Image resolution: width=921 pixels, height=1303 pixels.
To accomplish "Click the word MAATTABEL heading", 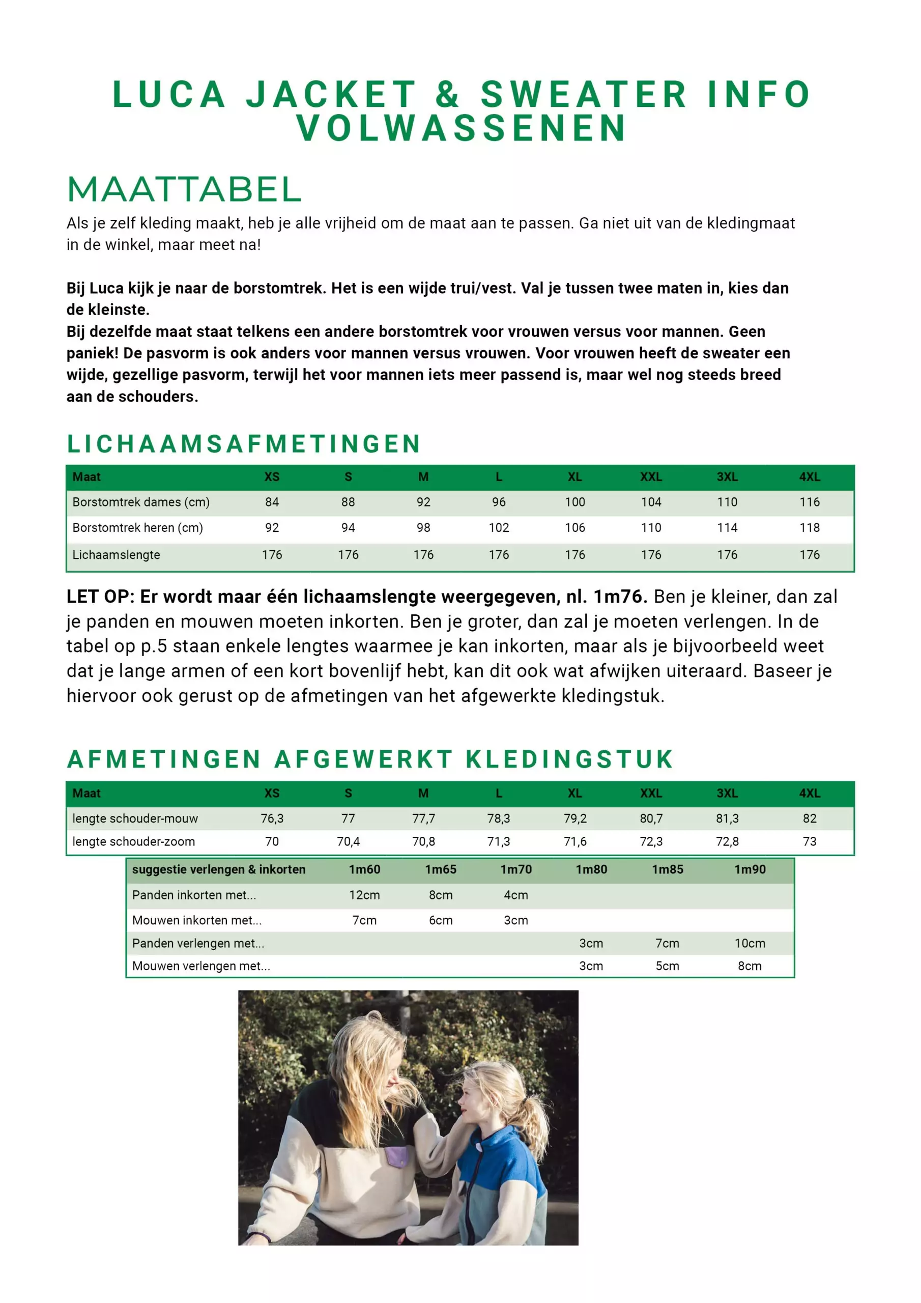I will (x=184, y=189).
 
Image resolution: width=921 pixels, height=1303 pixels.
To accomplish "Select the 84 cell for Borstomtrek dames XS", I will (x=272, y=502).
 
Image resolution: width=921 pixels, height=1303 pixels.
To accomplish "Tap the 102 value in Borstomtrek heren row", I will (x=499, y=528).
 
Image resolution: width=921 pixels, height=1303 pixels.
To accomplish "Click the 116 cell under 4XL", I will (x=809, y=502).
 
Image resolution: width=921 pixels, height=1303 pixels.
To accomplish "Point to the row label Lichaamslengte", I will (x=117, y=555).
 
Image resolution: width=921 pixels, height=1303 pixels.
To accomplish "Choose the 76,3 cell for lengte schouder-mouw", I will (x=272, y=818).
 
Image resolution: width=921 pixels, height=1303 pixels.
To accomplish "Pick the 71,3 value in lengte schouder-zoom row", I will (x=499, y=842).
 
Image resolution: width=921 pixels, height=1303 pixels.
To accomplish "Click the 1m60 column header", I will (x=364, y=869).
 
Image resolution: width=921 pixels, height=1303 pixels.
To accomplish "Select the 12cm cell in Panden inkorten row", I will (x=364, y=895).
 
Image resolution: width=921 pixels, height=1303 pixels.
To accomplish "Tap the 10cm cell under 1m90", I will (x=750, y=943).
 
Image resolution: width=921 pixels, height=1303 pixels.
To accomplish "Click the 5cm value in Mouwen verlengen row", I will (x=667, y=966).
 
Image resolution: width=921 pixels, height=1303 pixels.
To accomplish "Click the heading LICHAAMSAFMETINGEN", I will (x=244, y=444).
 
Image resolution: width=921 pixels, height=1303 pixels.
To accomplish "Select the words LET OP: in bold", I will (x=100, y=597).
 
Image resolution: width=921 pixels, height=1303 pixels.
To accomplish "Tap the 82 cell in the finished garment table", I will (x=809, y=818).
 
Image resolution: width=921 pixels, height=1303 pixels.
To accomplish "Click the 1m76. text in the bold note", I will (x=620, y=597).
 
